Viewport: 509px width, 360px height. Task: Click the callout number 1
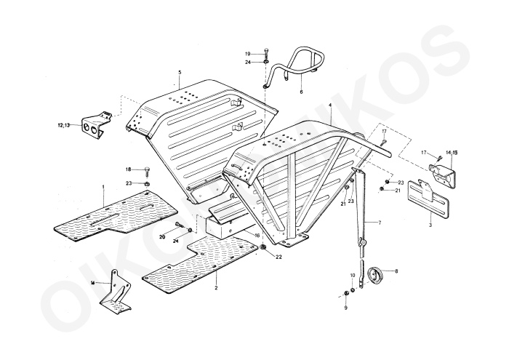(x=104, y=187)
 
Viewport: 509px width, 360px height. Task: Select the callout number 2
(x=216, y=289)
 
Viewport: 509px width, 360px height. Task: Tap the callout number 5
(x=179, y=72)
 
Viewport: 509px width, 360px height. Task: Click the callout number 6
(x=300, y=93)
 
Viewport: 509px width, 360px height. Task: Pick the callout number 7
(x=378, y=221)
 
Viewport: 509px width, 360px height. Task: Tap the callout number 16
(x=257, y=236)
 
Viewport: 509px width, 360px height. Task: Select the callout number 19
(x=247, y=54)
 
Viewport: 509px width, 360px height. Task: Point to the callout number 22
(x=278, y=255)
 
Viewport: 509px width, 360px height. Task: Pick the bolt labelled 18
(x=146, y=170)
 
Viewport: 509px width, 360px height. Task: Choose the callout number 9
(x=345, y=308)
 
